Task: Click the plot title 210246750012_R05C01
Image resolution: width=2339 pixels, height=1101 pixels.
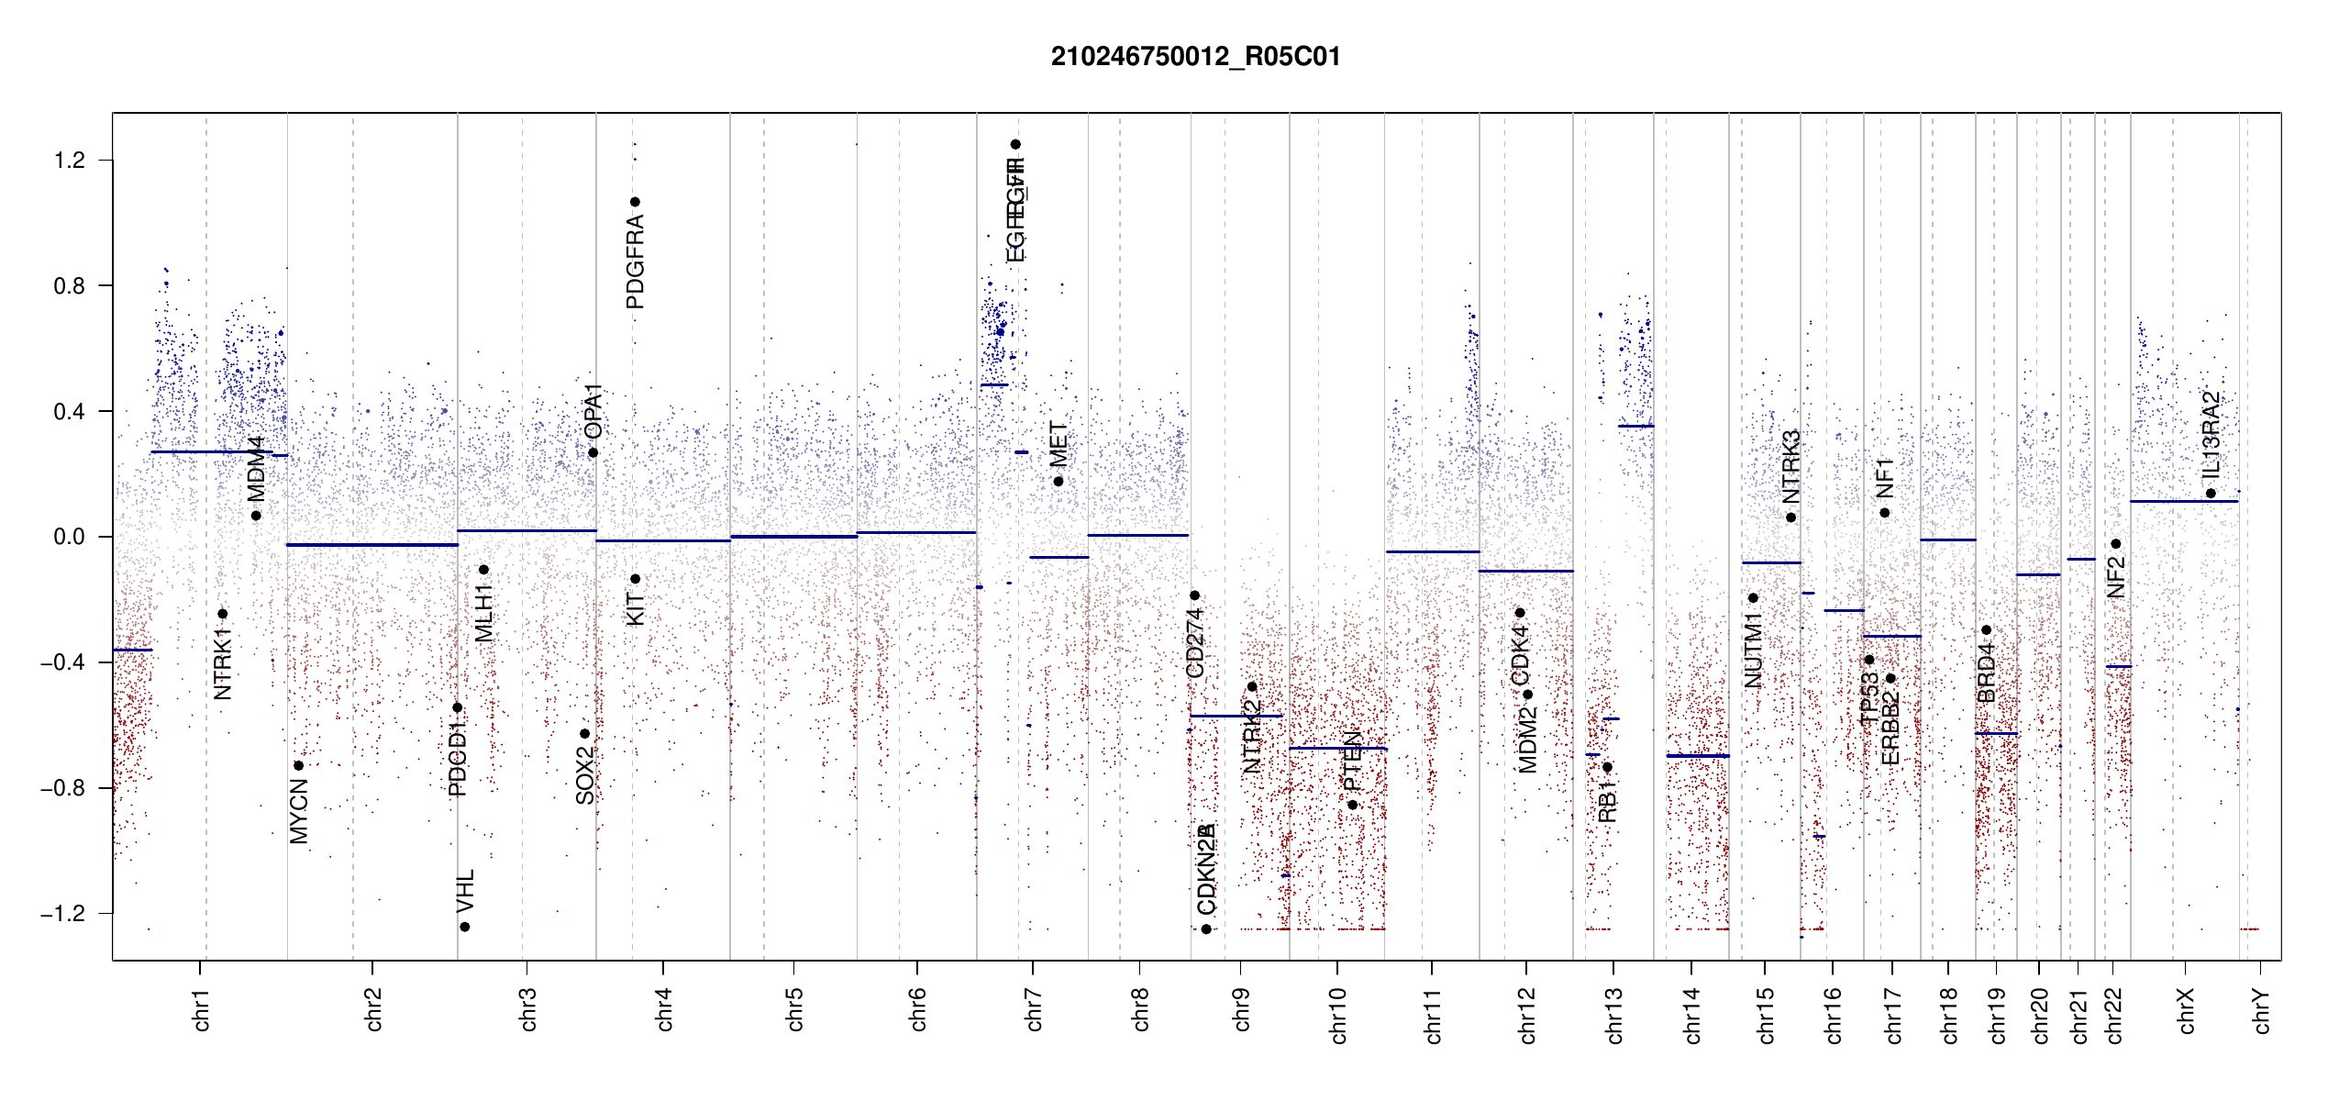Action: pyautogui.click(x=1195, y=57)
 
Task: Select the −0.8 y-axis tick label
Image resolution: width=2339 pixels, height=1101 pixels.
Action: pyautogui.click(x=62, y=788)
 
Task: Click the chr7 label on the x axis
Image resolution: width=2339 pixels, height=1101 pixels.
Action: pyautogui.click(x=1034, y=1009)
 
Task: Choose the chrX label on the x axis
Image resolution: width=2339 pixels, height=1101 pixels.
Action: pyautogui.click(x=2186, y=1009)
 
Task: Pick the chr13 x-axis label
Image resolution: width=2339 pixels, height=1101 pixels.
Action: pyautogui.click(x=1613, y=1015)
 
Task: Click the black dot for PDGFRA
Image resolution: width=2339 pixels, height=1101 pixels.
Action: pyautogui.click(x=635, y=202)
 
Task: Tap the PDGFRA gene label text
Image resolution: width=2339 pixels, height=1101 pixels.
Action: pyautogui.click(x=635, y=261)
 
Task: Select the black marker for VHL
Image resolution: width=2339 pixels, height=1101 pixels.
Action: pyautogui.click(x=465, y=927)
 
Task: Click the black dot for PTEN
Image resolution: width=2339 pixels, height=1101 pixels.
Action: pyautogui.click(x=1352, y=805)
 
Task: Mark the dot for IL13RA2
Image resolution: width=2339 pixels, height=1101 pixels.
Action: pyautogui.click(x=2211, y=494)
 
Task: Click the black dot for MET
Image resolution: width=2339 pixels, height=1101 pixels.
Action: pyautogui.click(x=1059, y=482)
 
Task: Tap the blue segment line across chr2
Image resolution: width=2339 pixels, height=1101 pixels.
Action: pyautogui.click(x=371, y=545)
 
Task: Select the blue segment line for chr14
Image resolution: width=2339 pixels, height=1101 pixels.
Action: pyautogui.click(x=1698, y=756)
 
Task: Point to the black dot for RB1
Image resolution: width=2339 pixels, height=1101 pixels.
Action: pyautogui.click(x=1607, y=767)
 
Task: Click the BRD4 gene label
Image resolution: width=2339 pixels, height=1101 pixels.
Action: pyautogui.click(x=1987, y=673)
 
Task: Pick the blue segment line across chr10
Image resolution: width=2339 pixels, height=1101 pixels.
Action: pyautogui.click(x=1337, y=749)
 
